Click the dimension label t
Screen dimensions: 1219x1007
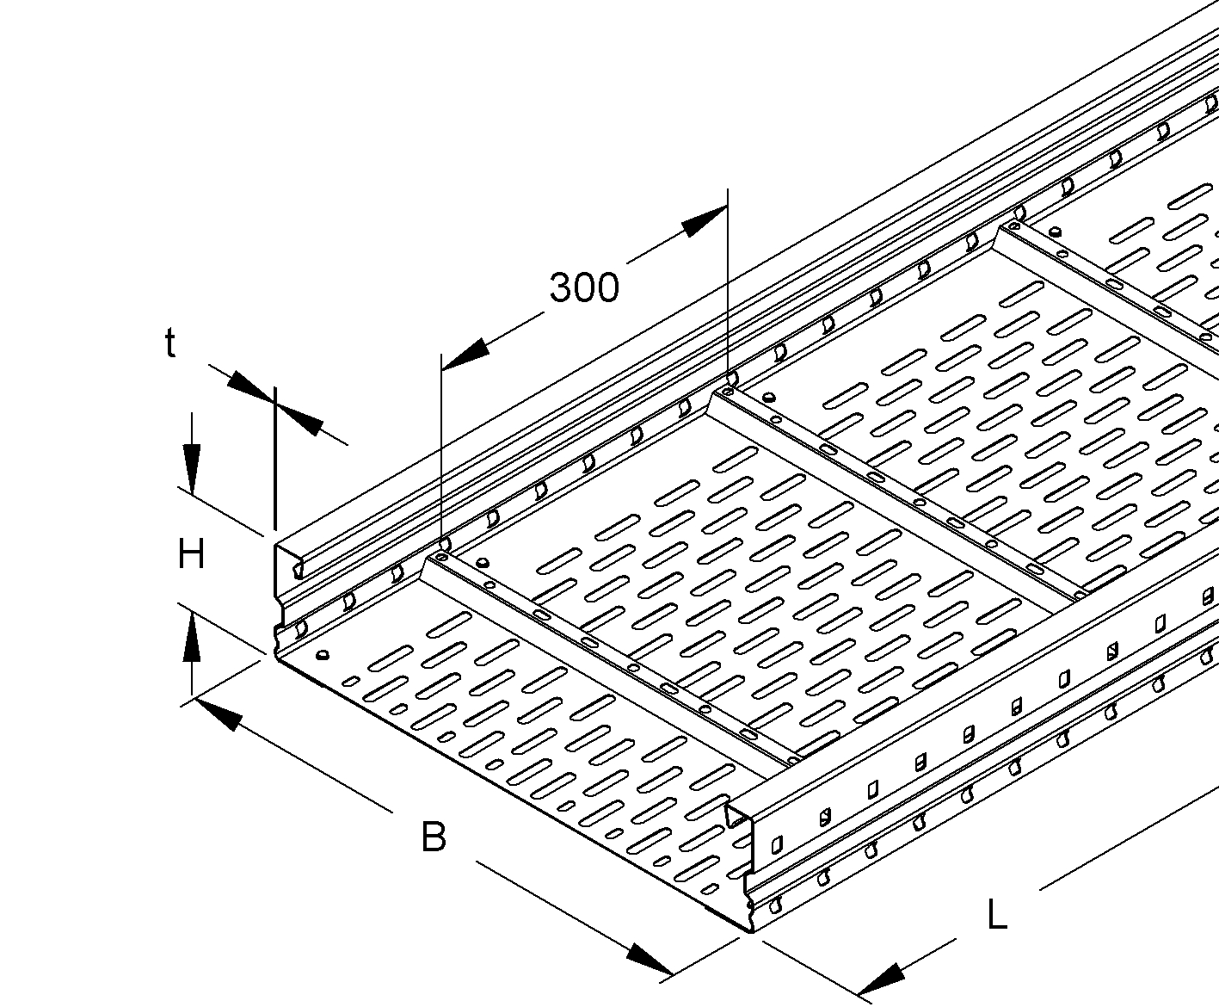pos(169,343)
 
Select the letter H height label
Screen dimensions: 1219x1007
pos(192,554)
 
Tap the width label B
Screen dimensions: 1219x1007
pos(434,837)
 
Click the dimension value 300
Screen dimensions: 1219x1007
pos(584,287)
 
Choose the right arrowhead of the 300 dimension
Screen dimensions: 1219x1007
pos(705,222)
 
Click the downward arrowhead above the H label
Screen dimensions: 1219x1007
pos(192,468)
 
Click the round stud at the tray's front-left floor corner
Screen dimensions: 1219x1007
pos(322,655)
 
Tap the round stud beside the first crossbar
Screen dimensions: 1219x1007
pos(483,563)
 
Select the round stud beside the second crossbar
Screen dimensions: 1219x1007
pos(769,398)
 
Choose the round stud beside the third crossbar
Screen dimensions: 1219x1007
pos(1055,233)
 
